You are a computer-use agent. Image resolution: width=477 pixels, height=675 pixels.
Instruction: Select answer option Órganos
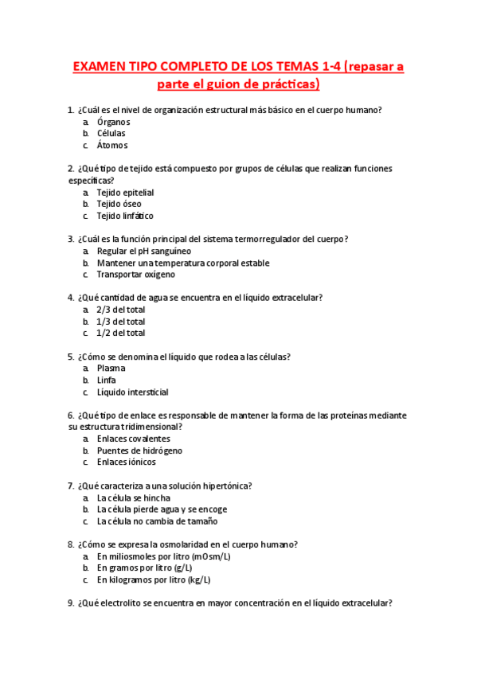click(113, 122)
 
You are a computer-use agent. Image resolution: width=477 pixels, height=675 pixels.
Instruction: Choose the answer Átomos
click(111, 146)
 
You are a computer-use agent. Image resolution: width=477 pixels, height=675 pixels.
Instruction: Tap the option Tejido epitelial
click(125, 193)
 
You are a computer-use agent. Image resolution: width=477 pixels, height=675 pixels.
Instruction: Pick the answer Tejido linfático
click(125, 216)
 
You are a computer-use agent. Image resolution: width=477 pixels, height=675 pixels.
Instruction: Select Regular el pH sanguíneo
click(143, 252)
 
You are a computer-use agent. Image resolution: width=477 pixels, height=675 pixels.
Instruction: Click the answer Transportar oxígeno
click(135, 275)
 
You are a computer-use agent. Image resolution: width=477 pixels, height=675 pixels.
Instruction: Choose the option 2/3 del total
click(120, 310)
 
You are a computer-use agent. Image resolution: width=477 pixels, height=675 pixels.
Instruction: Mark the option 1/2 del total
click(120, 334)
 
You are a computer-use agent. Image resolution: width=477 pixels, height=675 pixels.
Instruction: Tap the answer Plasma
click(111, 369)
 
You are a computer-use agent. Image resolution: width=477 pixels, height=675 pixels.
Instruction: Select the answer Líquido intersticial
click(132, 392)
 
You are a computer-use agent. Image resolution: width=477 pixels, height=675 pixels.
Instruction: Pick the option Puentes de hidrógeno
click(139, 451)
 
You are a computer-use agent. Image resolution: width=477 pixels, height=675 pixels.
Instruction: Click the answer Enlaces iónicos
click(126, 462)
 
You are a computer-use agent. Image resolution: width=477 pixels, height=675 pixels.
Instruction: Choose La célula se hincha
click(133, 498)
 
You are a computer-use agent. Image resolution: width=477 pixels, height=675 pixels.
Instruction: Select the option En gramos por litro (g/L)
click(150, 568)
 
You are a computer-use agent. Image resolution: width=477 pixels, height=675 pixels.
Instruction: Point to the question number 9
click(71, 603)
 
